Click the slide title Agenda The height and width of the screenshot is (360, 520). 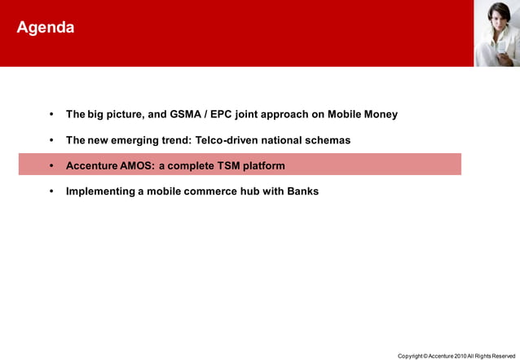(46, 28)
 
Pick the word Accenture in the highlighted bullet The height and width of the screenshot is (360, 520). (92, 165)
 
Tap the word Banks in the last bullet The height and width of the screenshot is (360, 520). (302, 191)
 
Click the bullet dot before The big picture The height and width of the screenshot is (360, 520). (51, 114)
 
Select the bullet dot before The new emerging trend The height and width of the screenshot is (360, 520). (51, 140)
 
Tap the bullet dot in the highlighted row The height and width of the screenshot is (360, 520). (51, 165)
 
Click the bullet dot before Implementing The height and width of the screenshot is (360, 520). (51, 191)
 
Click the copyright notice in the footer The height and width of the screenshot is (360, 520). (456, 356)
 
